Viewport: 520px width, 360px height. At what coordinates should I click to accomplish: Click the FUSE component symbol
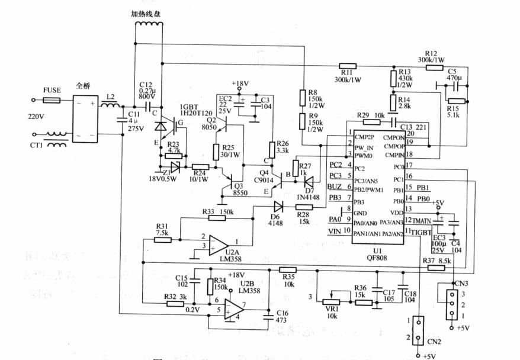click(x=52, y=101)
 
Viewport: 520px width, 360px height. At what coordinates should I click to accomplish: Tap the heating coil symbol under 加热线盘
click(x=148, y=25)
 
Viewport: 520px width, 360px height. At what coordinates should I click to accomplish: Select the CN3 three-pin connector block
click(x=452, y=304)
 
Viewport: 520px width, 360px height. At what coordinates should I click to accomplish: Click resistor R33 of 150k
click(x=217, y=218)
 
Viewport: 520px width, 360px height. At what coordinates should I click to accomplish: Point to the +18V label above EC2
click(x=240, y=84)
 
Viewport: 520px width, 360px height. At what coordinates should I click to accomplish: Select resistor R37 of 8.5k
click(x=435, y=268)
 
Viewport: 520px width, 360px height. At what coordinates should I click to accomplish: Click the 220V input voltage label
click(x=36, y=117)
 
